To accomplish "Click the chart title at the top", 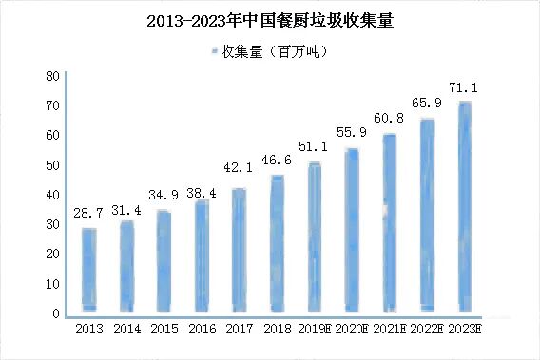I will coord(270,18).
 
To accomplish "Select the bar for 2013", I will coord(89,270).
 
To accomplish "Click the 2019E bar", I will coord(315,237).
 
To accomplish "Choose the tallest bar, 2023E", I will coord(465,207).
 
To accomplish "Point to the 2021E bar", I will coord(390,223).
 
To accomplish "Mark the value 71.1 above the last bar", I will coord(465,89).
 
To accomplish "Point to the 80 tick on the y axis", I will coord(53,75).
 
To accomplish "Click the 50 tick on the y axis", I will coord(53,165).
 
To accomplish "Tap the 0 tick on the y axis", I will coord(57,313).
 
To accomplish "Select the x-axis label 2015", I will coord(164,329).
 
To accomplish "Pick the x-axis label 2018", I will coord(277,329).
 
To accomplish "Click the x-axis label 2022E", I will coord(428,329).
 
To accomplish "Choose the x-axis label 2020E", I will coord(353,329).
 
